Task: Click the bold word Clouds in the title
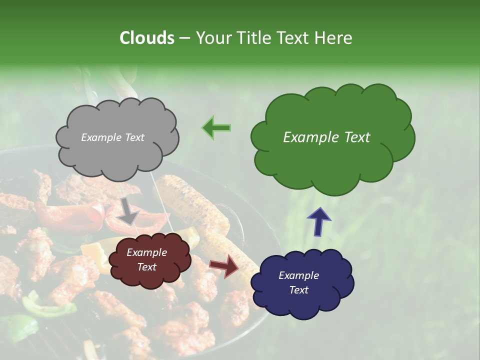pyautogui.click(x=147, y=38)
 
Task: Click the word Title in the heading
pyautogui.click(x=250, y=38)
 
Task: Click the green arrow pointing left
pyautogui.click(x=216, y=127)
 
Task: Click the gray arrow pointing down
pyautogui.click(x=128, y=210)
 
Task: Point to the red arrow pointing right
pyautogui.click(x=224, y=265)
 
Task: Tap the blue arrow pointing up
pyautogui.click(x=318, y=220)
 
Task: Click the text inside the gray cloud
pyautogui.click(x=112, y=137)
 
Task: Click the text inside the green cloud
pyautogui.click(x=326, y=137)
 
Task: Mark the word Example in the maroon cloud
pyautogui.click(x=146, y=253)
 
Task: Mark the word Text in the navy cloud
pyautogui.click(x=298, y=290)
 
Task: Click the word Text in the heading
pyautogui.click(x=293, y=38)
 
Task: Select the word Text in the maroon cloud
pyautogui.click(x=146, y=267)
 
